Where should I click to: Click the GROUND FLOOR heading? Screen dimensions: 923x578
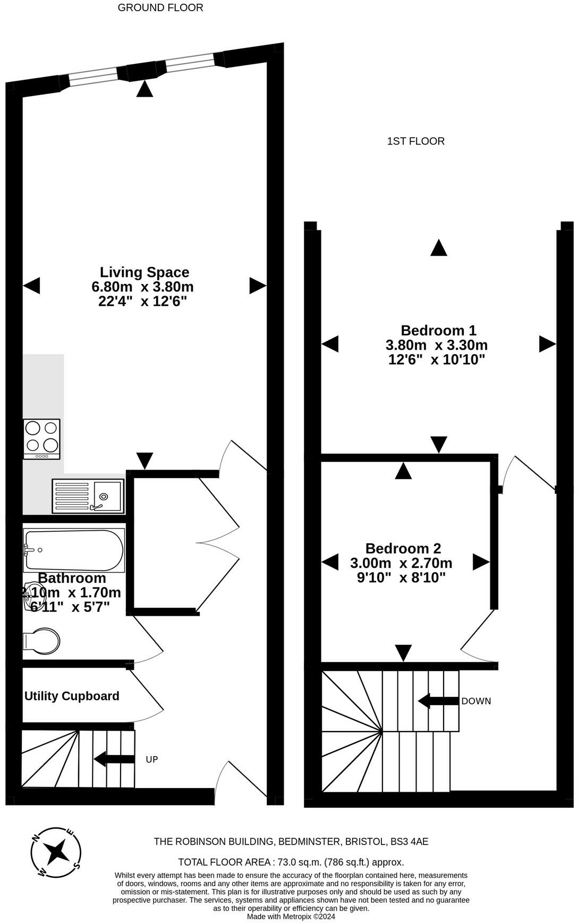coord(160,7)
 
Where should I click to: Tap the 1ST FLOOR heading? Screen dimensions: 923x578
coord(415,141)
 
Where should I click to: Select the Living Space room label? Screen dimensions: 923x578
coord(144,272)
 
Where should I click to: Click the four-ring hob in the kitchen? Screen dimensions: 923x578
coord(42,439)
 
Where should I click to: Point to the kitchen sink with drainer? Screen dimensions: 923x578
coord(88,496)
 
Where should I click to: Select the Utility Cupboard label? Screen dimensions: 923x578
coord(72,696)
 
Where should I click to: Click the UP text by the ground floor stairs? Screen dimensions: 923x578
coord(152,759)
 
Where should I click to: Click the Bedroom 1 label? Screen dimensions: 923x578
coord(438,330)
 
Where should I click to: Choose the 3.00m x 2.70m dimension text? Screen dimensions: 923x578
coord(401,563)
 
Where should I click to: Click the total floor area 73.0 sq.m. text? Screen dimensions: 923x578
coord(291,862)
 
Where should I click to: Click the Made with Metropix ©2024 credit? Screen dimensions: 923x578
coord(291,917)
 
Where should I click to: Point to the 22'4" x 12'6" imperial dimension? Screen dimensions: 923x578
coord(143,301)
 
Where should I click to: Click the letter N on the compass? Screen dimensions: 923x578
coord(36,838)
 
